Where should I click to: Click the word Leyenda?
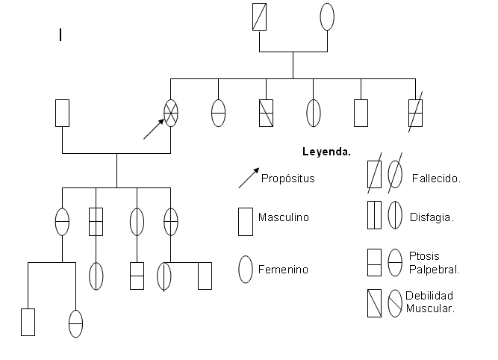[326, 151]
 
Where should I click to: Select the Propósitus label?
[288, 178]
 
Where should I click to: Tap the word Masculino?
[283, 217]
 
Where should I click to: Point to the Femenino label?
[283, 269]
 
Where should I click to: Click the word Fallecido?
[436, 178]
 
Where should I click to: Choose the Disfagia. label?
[432, 217]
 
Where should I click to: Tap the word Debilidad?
[429, 296]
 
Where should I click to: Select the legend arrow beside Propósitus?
[249, 178]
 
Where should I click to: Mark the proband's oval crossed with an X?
[171, 113]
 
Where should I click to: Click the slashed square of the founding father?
[259, 17]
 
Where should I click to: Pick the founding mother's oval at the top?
[327, 17]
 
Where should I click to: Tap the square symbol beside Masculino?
[245, 221]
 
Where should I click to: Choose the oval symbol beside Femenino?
[245, 269]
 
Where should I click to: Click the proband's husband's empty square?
[63, 113]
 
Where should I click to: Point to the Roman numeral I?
[60, 34]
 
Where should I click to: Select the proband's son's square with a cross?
[96, 222]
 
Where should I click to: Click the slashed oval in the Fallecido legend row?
[396, 174]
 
